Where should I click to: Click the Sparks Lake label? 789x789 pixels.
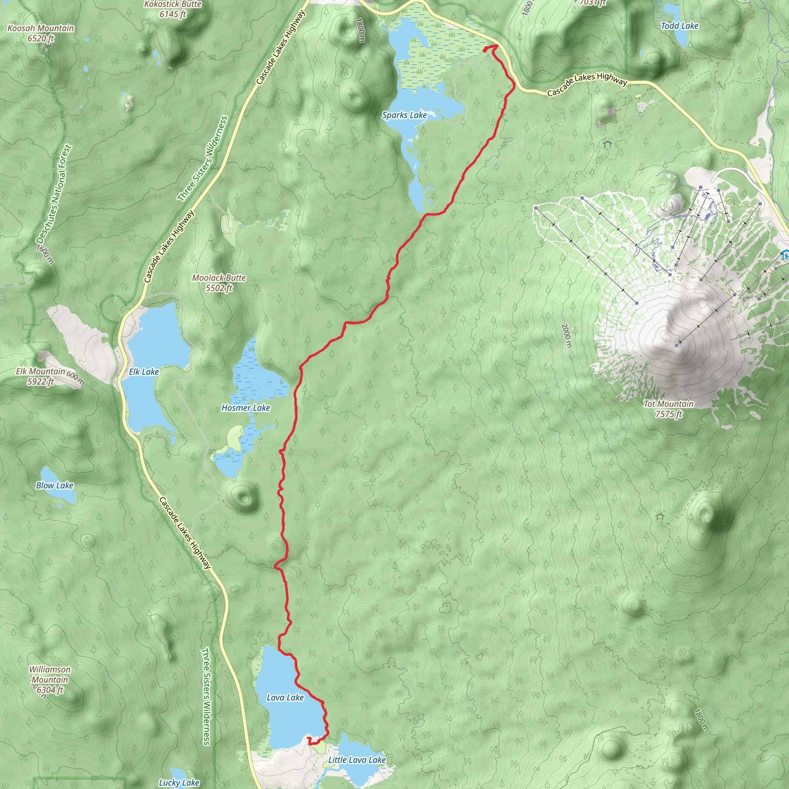(x=404, y=115)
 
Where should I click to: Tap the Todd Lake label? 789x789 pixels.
(x=680, y=26)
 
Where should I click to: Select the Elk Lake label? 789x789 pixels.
(x=144, y=372)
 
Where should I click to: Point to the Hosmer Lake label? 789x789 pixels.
(x=246, y=408)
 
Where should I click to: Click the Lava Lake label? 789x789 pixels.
(x=285, y=698)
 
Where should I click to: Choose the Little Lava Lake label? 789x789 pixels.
(x=357, y=760)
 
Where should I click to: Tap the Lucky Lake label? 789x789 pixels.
(x=179, y=782)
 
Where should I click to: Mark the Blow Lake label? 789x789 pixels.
(x=55, y=485)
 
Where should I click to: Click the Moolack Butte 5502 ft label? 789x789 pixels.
(x=219, y=283)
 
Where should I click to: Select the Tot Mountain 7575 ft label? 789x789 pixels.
(x=668, y=409)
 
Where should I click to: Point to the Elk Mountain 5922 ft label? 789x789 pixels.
(x=41, y=376)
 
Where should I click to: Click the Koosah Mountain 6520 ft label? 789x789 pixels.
(x=41, y=33)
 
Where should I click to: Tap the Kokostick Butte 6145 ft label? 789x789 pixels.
(x=173, y=9)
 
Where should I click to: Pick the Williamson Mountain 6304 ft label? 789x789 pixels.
(x=50, y=680)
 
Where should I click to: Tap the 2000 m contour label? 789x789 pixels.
(x=566, y=335)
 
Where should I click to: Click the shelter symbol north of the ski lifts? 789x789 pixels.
(x=607, y=144)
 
